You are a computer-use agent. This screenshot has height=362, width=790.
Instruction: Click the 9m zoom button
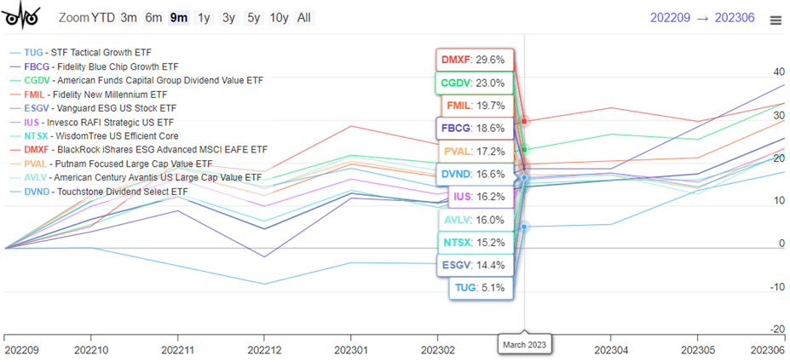(179, 17)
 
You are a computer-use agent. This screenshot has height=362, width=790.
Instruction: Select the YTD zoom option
(103, 17)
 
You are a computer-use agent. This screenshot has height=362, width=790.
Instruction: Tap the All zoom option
(303, 17)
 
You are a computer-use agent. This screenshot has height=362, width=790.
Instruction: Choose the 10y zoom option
(279, 17)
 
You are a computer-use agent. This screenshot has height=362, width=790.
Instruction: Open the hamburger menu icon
(775, 20)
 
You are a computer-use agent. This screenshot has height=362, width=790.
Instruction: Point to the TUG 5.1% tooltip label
(478, 288)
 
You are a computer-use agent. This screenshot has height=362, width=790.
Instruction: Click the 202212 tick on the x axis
(264, 350)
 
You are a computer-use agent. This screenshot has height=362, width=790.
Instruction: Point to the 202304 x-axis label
(612, 350)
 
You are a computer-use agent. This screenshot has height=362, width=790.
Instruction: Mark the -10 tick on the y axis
(776, 287)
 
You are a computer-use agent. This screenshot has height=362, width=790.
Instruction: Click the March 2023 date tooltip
(524, 344)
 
